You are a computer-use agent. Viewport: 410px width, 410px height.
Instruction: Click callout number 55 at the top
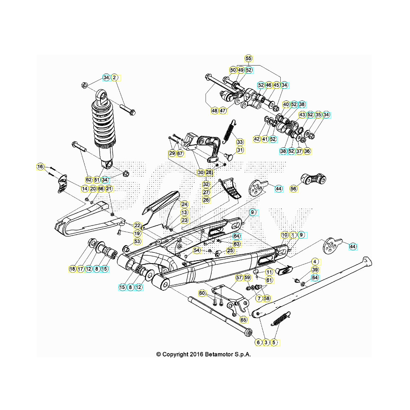(249, 58)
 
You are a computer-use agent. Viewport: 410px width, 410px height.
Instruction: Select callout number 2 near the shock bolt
(114, 78)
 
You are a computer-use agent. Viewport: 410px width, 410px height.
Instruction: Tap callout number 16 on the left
(40, 167)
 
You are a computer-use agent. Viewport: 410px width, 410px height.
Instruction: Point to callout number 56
(294, 189)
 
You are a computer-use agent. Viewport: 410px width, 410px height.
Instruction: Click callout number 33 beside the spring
(240, 141)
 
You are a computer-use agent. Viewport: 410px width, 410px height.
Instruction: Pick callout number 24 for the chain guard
(184, 204)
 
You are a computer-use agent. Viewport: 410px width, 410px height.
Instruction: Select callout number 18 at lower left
(72, 269)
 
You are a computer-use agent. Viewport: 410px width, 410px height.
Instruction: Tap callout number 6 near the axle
(258, 342)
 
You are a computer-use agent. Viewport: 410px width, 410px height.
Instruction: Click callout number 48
(215, 111)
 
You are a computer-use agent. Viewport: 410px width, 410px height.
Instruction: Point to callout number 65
(243, 320)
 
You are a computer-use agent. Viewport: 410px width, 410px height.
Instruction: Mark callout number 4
(315, 261)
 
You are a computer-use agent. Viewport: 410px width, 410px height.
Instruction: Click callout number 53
(137, 241)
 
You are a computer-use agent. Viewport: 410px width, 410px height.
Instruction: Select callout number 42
(257, 138)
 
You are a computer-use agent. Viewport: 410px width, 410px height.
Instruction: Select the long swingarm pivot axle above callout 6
(220, 315)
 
